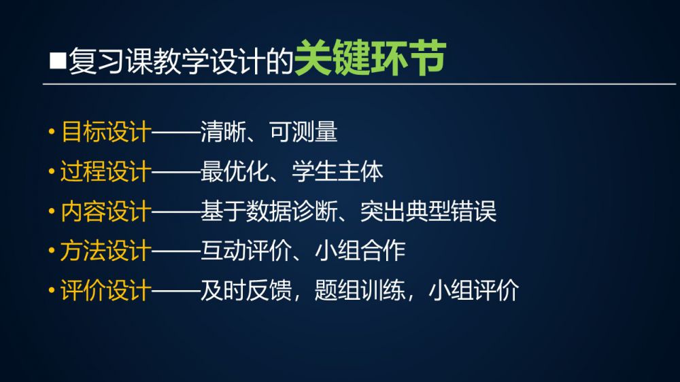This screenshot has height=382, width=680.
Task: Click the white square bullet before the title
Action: [58, 60]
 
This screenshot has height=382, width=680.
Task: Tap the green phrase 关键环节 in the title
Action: [371, 58]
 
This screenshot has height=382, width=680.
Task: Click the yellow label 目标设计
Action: [106, 132]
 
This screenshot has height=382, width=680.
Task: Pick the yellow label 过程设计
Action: [106, 172]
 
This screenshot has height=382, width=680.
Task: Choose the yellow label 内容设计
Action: [106, 211]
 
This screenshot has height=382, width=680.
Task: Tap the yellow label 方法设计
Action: [106, 251]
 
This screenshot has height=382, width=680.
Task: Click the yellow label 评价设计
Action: [106, 290]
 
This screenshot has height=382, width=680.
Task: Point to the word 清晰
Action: [223, 132]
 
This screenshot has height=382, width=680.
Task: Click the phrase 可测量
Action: [303, 132]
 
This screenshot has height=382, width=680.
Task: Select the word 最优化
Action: [235, 172]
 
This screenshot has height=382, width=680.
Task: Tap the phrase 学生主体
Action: [338, 172]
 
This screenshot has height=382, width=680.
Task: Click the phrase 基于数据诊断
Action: [269, 211]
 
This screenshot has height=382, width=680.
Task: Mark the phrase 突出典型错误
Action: [428, 211]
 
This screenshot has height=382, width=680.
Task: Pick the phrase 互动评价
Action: [246, 251]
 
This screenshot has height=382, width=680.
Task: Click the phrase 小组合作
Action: [360, 251]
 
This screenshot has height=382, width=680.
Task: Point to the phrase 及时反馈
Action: [246, 290]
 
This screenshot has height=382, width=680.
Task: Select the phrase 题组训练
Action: [360, 290]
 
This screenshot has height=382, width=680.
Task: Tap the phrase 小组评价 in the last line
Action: [474, 290]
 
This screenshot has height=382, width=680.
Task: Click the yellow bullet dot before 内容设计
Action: [52, 211]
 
